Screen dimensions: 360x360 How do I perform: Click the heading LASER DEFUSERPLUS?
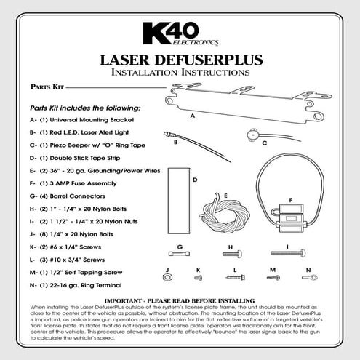[x=180, y=60]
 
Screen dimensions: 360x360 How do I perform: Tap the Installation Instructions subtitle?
[x=180, y=73]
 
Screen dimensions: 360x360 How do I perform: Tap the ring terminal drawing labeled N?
[x=308, y=278]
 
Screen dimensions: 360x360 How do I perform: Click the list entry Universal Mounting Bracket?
[x=87, y=120]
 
